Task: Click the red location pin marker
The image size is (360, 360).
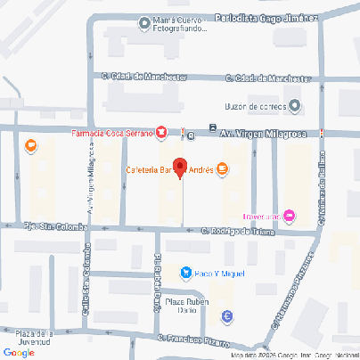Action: click(x=179, y=167)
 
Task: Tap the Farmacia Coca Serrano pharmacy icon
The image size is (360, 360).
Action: click(x=161, y=134)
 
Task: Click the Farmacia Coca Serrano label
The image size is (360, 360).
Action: click(x=112, y=134)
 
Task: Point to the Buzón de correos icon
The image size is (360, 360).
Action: click(x=295, y=107)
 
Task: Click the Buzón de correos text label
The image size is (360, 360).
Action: click(x=254, y=107)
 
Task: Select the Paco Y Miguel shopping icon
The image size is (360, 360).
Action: click(x=184, y=273)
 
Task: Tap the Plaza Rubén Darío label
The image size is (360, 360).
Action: click(x=185, y=307)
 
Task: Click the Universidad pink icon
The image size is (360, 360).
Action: click(x=289, y=216)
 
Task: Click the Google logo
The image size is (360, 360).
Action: click(x=19, y=352)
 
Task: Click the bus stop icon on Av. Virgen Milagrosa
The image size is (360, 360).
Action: click(x=212, y=127)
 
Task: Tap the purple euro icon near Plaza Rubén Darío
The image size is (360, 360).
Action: click(x=227, y=316)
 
